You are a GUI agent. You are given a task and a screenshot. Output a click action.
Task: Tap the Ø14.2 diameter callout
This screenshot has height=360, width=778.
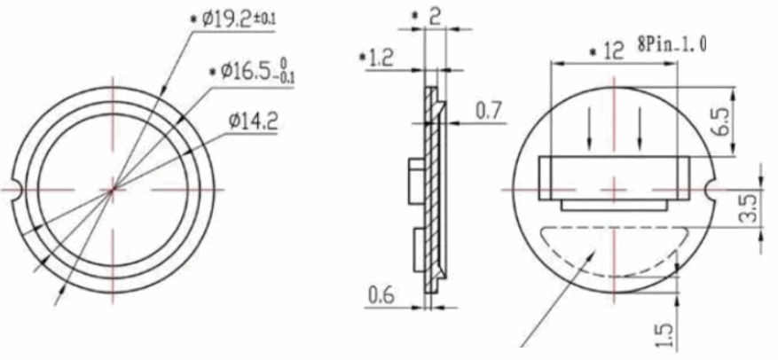(253, 122)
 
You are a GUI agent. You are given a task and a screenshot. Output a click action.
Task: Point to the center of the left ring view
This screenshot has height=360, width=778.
(113, 188)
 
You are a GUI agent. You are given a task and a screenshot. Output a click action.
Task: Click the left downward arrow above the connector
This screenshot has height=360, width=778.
(591, 129)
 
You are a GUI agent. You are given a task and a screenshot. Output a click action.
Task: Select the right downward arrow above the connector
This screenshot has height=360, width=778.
(640, 129)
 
